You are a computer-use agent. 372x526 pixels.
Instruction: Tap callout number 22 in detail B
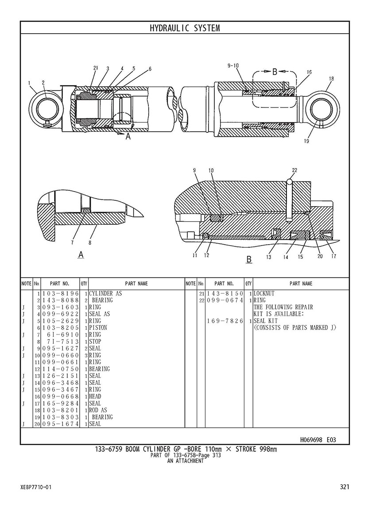click(x=294, y=170)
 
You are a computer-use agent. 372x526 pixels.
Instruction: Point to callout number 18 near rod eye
click(x=331, y=79)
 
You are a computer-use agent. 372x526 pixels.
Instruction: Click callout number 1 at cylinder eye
click(x=29, y=83)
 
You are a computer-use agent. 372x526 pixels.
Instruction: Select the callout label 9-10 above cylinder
click(x=233, y=65)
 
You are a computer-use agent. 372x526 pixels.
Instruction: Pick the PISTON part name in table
click(x=98, y=328)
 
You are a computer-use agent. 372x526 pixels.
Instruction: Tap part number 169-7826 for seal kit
click(x=225, y=321)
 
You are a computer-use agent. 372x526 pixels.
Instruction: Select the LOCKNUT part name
click(x=264, y=293)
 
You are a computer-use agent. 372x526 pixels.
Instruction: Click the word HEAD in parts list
click(x=95, y=396)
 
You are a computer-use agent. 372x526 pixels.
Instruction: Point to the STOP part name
click(x=95, y=342)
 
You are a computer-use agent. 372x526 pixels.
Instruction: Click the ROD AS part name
click(x=98, y=410)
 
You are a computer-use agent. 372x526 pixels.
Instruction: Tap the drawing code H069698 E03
click(x=318, y=440)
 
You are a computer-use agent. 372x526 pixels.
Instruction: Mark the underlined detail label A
click(x=81, y=255)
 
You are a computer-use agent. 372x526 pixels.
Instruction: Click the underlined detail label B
click(x=248, y=260)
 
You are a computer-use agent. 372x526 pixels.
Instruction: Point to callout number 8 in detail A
click(x=90, y=242)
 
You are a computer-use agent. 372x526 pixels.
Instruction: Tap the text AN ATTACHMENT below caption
click(x=186, y=461)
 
